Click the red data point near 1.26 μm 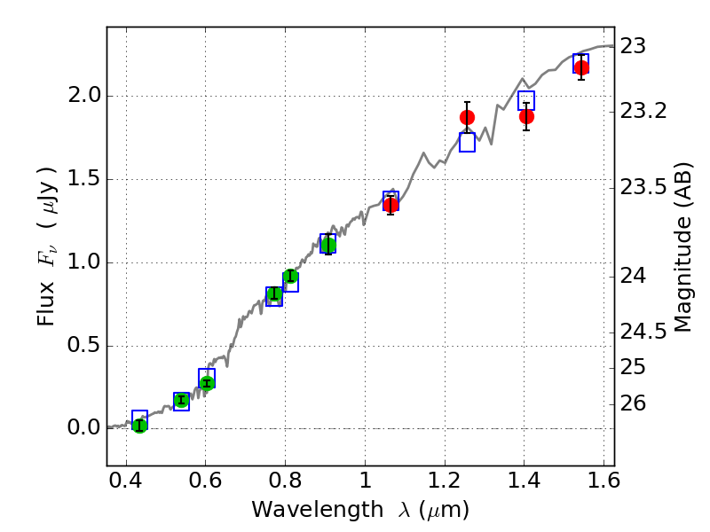tap(467, 117)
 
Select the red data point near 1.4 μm tap(526, 116)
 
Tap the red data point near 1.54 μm tap(581, 67)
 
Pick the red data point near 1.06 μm tap(390, 205)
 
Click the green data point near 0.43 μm tap(139, 426)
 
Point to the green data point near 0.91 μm tap(328, 245)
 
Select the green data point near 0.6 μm tap(207, 383)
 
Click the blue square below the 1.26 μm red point tap(467, 142)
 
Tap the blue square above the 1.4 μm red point tap(526, 100)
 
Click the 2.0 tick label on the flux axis tap(83, 96)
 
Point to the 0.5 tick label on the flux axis tap(83, 345)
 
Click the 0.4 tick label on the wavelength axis tap(126, 483)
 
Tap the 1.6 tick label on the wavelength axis tap(603, 483)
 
